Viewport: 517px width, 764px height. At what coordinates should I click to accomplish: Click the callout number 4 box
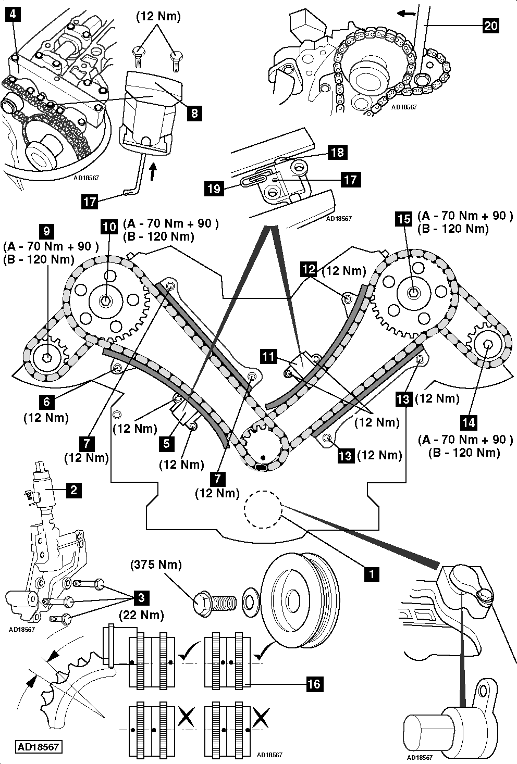click(x=12, y=15)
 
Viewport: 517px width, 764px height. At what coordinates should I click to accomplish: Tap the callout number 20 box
click(x=490, y=25)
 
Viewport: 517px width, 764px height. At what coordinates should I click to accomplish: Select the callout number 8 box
click(x=193, y=112)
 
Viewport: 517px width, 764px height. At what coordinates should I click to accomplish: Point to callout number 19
click(x=214, y=188)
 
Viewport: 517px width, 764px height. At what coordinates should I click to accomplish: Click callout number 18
click(x=337, y=152)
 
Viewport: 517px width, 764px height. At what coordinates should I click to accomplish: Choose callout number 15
click(x=404, y=219)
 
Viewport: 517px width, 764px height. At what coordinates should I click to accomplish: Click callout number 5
click(x=166, y=443)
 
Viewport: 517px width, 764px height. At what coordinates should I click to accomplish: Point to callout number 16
click(x=314, y=683)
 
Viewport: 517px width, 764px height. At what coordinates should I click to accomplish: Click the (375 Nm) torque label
click(x=156, y=565)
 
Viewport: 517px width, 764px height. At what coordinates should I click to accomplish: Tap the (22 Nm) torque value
click(x=141, y=615)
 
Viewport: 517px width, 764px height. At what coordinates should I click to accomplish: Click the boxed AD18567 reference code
click(x=39, y=747)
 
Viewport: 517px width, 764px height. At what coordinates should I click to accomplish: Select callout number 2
click(x=73, y=490)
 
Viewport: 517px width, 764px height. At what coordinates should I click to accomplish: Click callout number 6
click(x=47, y=402)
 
